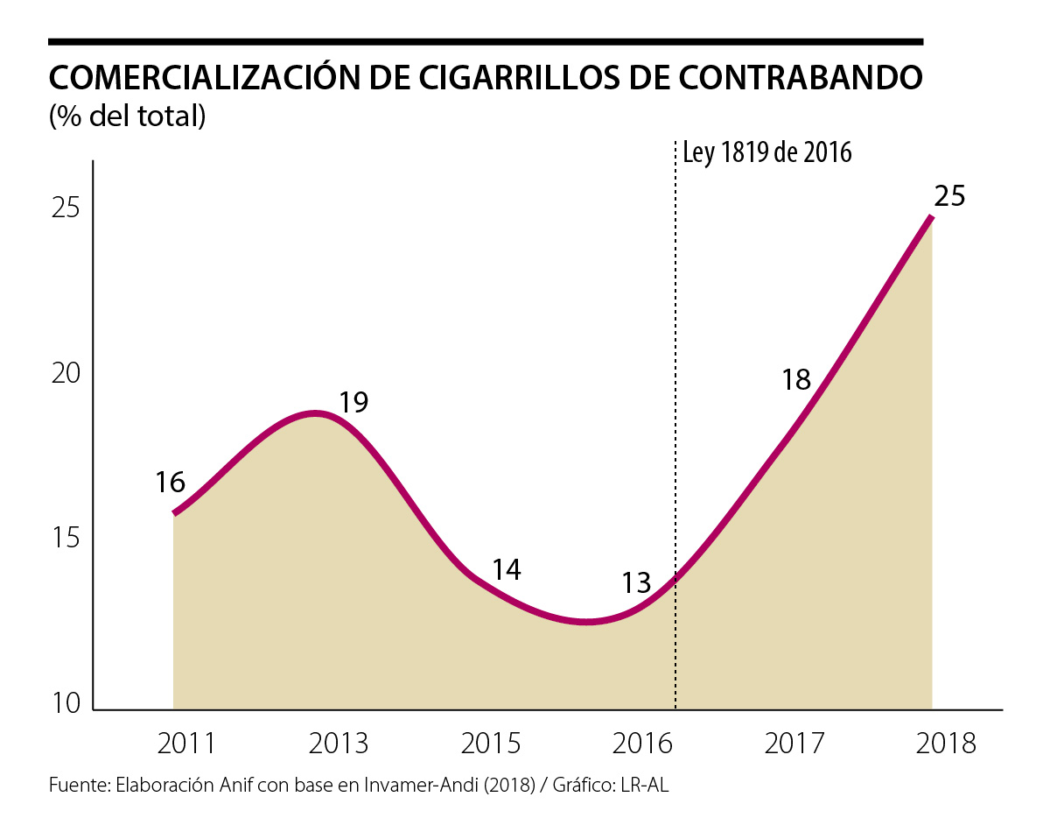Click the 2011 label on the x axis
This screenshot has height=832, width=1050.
tap(186, 744)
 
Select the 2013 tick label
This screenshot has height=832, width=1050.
tap(339, 744)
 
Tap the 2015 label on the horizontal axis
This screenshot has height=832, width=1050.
tap(491, 744)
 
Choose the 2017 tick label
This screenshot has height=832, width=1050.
tap(794, 744)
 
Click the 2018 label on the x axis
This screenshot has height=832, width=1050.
tap(946, 744)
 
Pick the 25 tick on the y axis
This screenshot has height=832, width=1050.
tap(65, 208)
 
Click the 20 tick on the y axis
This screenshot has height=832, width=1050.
tap(65, 373)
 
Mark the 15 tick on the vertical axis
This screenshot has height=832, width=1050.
tap(65, 538)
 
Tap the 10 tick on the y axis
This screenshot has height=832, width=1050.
tap(65, 703)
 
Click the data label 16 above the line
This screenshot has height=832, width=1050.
tap(171, 482)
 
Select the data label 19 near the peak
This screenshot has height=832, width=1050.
tap(353, 402)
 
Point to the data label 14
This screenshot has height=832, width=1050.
tap(506, 570)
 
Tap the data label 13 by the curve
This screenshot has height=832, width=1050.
tap(637, 582)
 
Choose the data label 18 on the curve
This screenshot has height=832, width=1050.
tap(796, 379)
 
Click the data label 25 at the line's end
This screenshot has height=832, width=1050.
tap(948, 195)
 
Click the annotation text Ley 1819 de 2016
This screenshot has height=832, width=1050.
tap(766, 152)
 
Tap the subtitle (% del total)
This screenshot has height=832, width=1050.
tap(128, 116)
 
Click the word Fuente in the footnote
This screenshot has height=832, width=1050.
tap(77, 786)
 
